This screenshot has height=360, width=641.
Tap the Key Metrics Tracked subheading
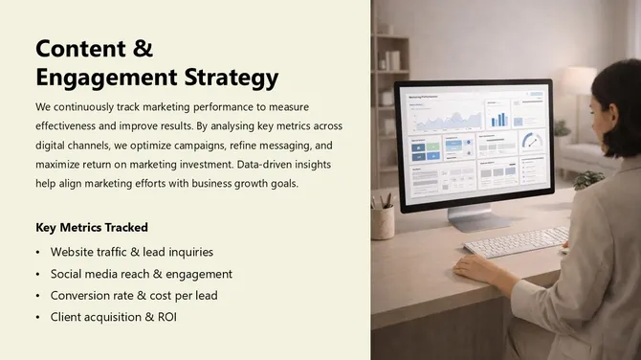point(92,228)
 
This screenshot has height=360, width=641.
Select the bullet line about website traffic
point(132,252)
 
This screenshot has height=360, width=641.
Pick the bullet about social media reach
point(142,274)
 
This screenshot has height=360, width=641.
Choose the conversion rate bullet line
point(134,296)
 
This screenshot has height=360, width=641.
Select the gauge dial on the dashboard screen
point(531,141)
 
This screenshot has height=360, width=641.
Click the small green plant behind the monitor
point(587,179)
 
